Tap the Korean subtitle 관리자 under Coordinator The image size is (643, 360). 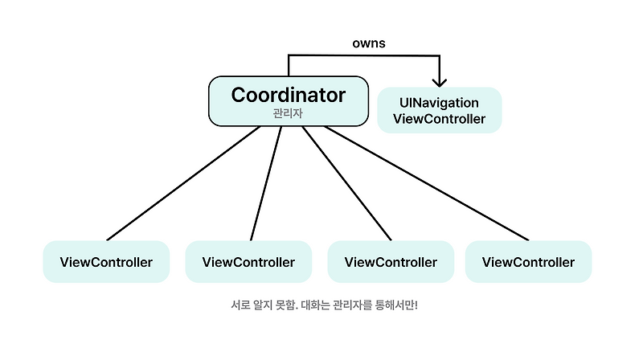point(289,114)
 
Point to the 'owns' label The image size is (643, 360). point(368,42)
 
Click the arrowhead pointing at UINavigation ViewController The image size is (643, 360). point(439,80)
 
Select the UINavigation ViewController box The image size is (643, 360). point(439,111)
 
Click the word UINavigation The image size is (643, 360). point(439,103)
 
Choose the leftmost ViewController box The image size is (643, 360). point(106,262)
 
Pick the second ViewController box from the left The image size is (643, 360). point(248,262)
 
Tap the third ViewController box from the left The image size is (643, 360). point(391,262)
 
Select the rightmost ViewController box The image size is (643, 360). point(528,262)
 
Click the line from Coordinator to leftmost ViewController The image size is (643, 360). point(184,183)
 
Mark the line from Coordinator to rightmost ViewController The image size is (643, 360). point(426,183)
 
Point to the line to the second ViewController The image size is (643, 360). point(266,183)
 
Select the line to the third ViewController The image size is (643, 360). point(347,183)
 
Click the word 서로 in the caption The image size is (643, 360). point(240,306)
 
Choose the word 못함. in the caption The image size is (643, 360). point(290,306)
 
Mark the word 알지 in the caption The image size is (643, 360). point(263,306)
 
